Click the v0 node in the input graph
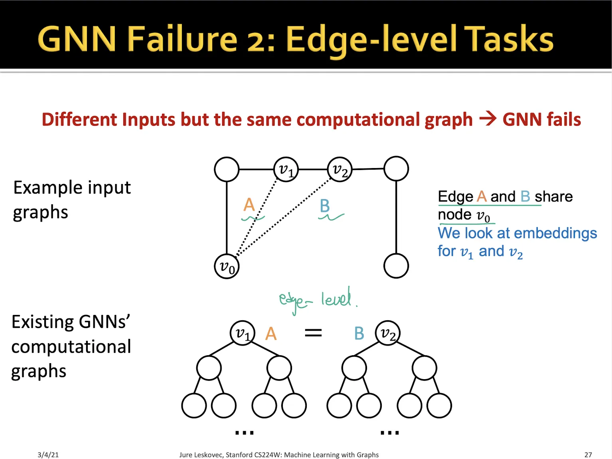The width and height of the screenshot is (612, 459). (227, 266)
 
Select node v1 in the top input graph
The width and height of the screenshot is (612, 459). (286, 169)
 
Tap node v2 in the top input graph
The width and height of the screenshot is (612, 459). (340, 169)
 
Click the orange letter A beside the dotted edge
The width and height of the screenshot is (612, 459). (249, 205)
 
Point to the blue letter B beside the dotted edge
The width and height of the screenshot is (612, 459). (325, 206)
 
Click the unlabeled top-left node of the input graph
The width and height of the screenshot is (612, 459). (227, 169)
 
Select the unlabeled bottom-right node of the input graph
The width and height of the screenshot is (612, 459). (396, 266)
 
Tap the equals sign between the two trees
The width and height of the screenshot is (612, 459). (313, 332)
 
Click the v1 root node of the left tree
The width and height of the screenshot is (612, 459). (242, 332)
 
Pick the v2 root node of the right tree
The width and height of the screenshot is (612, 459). (387, 332)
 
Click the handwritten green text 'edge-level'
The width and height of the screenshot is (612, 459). (315, 300)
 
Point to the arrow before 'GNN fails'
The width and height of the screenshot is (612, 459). (488, 119)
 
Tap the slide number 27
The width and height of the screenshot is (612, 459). (588, 455)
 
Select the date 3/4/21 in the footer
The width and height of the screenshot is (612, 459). (48, 455)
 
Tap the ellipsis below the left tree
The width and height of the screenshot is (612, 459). (244, 432)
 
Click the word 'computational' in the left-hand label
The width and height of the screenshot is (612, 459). (71, 346)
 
